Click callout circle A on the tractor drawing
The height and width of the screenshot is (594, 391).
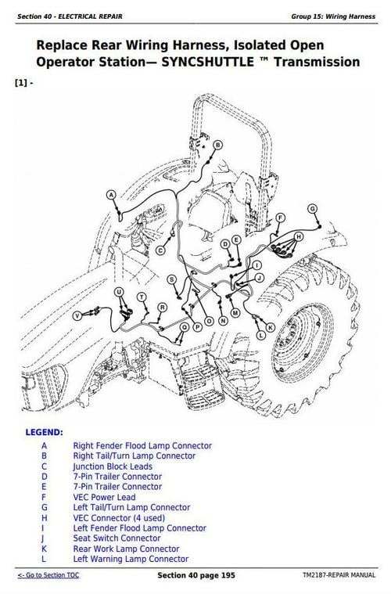111,194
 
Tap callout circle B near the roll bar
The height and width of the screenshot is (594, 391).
218,145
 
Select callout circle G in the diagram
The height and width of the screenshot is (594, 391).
312,208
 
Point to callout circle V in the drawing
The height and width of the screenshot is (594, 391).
77,315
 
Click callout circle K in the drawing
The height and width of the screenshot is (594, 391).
271,327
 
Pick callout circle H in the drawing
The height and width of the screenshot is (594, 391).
298,236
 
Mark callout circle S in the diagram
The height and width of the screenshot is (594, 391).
172,279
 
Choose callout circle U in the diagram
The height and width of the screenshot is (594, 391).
119,292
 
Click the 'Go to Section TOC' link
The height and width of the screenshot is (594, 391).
48,575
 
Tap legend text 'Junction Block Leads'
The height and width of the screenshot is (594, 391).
113,466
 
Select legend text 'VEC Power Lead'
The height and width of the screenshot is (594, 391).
104,497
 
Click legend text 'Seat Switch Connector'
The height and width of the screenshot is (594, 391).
117,538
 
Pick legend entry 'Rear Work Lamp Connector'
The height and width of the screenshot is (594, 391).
126,549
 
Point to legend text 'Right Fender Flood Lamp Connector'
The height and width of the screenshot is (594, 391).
142,446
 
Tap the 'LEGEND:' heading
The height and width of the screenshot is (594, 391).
45,432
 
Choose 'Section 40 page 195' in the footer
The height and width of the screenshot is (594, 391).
196,575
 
